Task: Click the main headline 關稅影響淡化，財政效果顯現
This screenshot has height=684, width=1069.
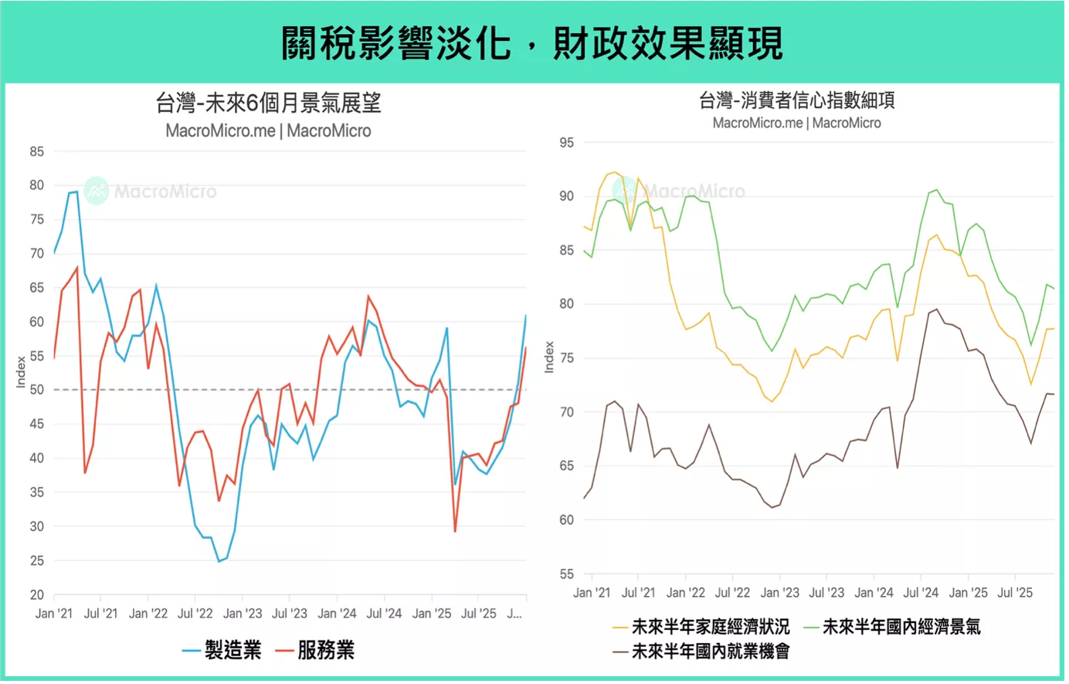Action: click(532, 42)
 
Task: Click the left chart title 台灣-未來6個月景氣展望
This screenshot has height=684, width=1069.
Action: click(268, 103)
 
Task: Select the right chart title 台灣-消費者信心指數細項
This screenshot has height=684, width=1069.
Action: click(796, 100)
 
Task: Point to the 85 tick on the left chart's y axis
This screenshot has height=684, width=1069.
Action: click(36, 152)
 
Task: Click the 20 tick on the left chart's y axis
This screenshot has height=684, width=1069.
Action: click(36, 595)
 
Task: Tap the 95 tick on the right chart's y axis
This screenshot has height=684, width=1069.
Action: click(566, 143)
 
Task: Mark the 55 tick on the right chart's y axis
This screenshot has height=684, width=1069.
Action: click(566, 574)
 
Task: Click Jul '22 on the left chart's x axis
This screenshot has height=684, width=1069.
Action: click(195, 614)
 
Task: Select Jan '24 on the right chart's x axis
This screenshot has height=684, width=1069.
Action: click(874, 593)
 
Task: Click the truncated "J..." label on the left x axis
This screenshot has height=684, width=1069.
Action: click(514, 614)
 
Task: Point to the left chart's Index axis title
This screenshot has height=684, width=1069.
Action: click(22, 371)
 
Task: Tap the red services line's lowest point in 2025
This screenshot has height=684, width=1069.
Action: click(455, 531)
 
